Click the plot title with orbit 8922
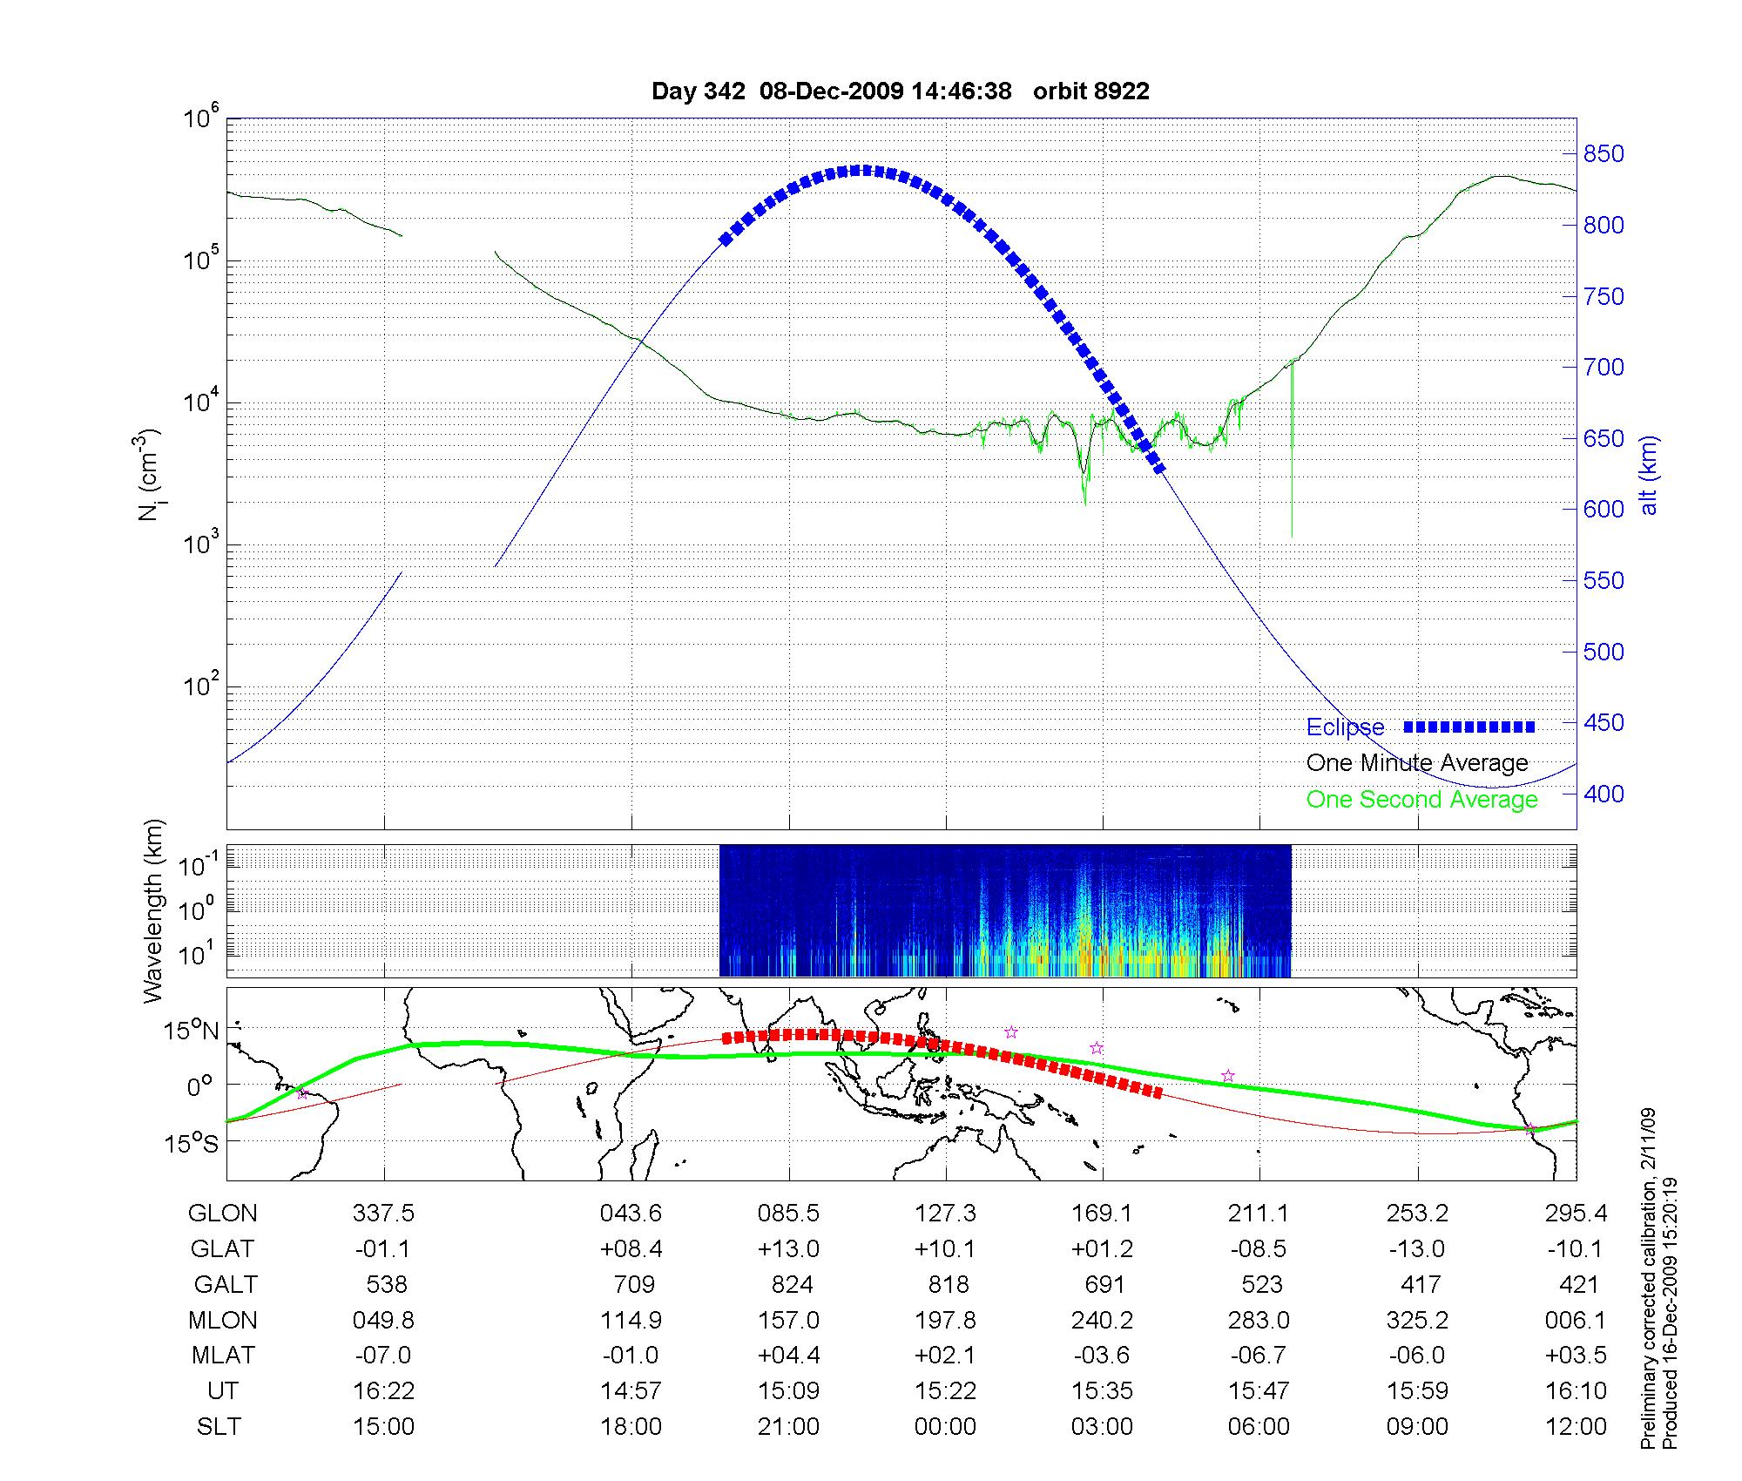900,91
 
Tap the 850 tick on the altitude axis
1604,154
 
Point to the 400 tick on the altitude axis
1604,794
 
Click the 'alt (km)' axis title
1648,475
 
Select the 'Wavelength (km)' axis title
153,910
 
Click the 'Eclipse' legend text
1345,727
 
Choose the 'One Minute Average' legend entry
1417,763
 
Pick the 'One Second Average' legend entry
1421,800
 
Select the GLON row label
222,1213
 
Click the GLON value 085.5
789,1213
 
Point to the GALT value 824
792,1284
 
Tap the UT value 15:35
1103,1390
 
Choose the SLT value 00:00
946,1426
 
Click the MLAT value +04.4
789,1355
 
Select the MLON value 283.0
1259,1320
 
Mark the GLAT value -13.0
1417,1248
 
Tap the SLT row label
219,1426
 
